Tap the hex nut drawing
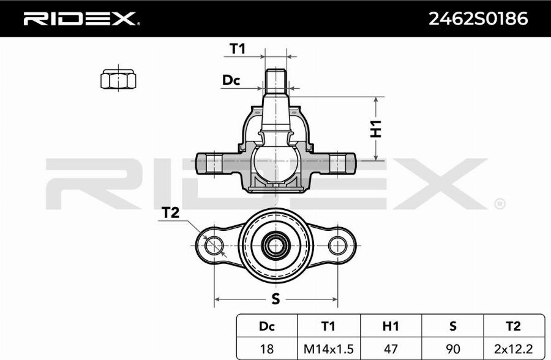tap(117, 80)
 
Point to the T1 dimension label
tap(237, 48)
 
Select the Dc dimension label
tap(231, 80)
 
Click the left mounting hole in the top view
tap(214, 246)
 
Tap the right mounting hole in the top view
tap(337, 246)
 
